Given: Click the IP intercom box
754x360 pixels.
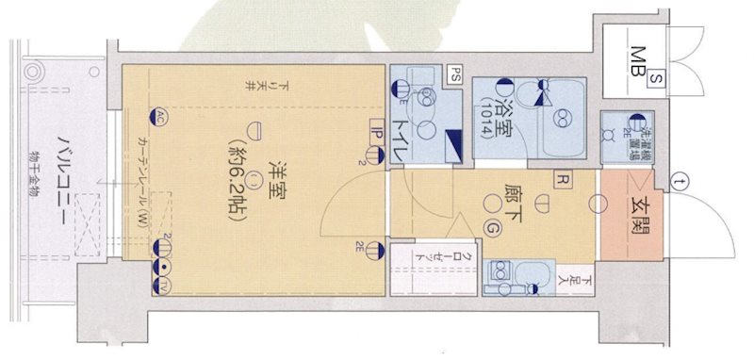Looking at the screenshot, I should click(x=374, y=135).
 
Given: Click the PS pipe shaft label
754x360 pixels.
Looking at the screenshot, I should click(x=455, y=73).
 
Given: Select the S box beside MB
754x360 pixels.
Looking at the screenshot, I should click(x=656, y=82).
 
